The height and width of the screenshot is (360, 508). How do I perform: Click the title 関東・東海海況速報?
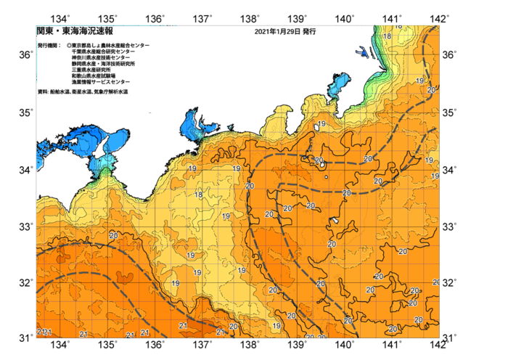[75, 32]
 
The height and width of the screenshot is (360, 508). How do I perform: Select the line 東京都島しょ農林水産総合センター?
[111, 46]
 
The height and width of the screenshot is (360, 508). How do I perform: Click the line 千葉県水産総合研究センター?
[103, 52]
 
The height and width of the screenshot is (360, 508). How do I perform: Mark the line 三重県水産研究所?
[91, 70]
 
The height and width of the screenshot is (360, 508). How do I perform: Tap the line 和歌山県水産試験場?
[94, 75]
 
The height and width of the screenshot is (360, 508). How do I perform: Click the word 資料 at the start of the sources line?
[41, 92]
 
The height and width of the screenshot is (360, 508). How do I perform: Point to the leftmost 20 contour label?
[113, 236]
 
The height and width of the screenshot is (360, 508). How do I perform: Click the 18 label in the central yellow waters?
[198, 195]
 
